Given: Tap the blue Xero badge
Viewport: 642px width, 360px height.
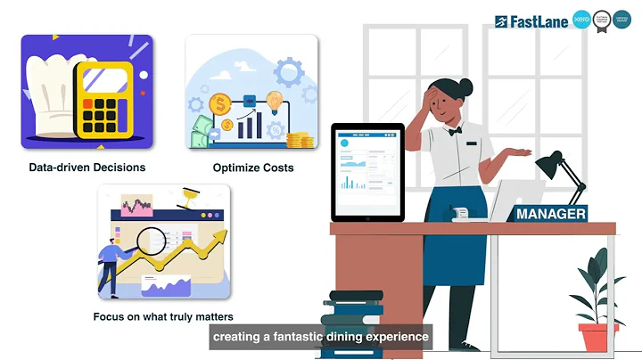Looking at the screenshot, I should click(581, 20).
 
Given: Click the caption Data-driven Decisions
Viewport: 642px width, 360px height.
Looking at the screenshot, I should click(86, 167).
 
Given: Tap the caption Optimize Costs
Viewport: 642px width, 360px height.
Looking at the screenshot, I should click(252, 167).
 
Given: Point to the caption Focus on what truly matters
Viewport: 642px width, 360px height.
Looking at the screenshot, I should click(163, 316).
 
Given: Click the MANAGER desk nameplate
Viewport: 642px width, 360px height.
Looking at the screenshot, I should click(551, 214).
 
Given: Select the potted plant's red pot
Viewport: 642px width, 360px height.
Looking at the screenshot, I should click(597, 337).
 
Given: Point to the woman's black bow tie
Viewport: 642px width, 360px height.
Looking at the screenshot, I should click(456, 131).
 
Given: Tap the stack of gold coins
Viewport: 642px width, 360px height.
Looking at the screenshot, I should click(300, 140).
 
